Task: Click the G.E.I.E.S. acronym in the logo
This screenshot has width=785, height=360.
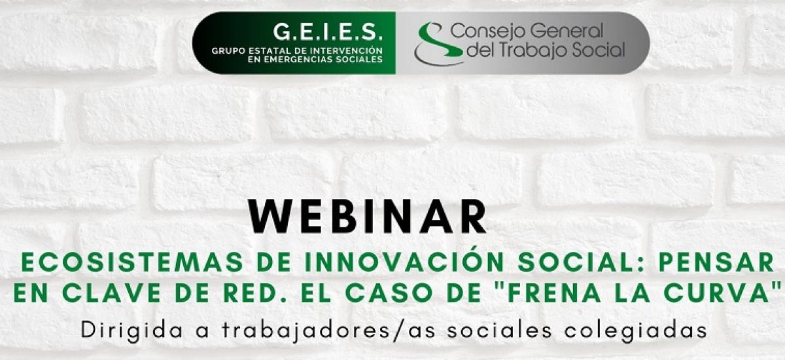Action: pyautogui.click(x=328, y=31)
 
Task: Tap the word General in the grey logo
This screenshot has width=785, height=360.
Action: pyautogui.click(x=567, y=31)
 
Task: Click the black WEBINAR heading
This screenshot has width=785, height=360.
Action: pyautogui.click(x=367, y=216)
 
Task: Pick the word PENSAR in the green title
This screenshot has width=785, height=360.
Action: pyautogui.click(x=716, y=262)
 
